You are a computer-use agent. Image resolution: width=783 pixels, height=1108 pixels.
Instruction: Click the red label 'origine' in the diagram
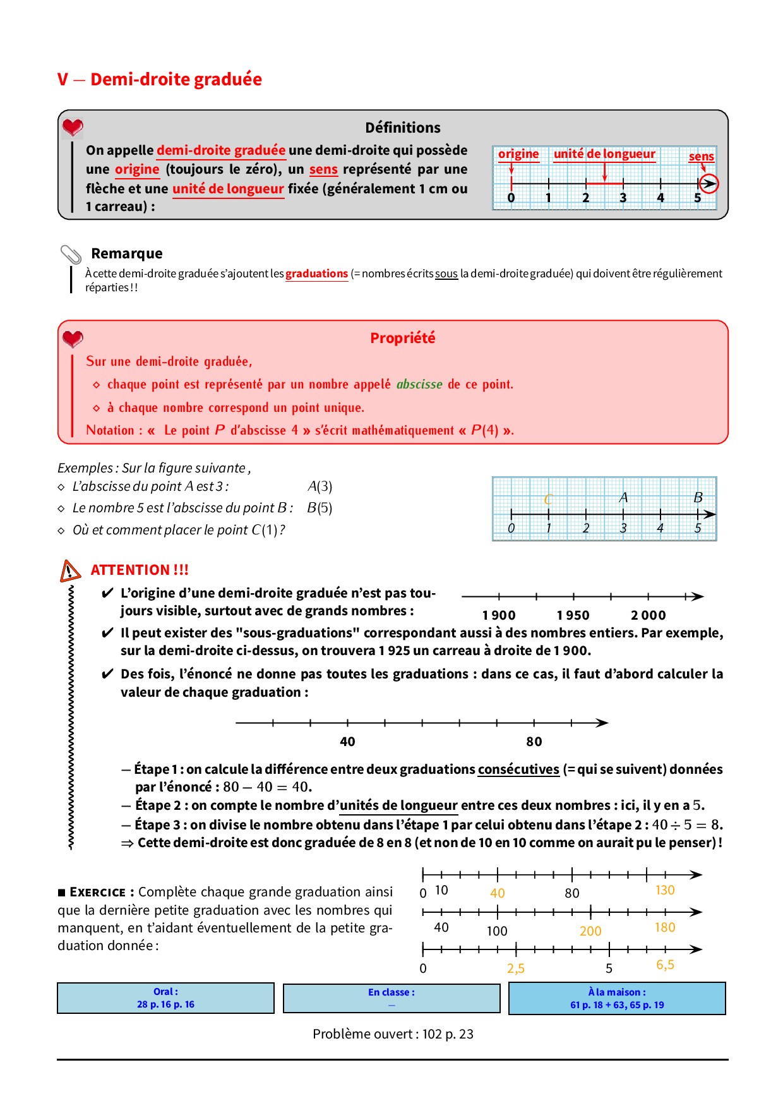(518, 154)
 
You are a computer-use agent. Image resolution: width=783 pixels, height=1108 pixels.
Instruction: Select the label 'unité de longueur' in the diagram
(604, 154)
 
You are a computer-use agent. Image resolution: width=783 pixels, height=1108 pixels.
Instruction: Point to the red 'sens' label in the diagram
(701, 156)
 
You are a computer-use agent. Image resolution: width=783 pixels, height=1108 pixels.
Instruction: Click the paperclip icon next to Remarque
(71, 255)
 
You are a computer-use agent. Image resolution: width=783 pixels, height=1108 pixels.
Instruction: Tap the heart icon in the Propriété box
(73, 339)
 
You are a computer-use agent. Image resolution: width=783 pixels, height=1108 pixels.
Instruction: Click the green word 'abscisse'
(419, 384)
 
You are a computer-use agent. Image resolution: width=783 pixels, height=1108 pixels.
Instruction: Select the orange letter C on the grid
(548, 499)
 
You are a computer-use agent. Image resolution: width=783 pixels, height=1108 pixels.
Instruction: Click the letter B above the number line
(698, 497)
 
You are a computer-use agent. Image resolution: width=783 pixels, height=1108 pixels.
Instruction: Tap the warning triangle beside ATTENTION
(70, 570)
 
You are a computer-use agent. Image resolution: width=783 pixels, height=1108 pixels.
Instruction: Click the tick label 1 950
(573, 615)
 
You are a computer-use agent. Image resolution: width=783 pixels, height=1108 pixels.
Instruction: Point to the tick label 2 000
(648, 615)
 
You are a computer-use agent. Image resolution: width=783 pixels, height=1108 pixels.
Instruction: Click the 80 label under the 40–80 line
(534, 742)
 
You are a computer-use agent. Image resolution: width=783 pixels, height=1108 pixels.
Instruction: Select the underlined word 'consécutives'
(518, 769)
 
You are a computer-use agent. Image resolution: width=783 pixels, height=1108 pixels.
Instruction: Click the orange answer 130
(665, 890)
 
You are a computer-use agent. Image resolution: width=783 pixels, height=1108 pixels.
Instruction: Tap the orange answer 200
(590, 931)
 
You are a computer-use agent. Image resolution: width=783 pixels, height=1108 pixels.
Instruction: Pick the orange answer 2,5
(515, 968)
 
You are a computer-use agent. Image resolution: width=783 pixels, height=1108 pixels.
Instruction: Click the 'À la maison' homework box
(617, 998)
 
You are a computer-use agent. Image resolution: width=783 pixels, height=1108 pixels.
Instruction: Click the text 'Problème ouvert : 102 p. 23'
(393, 1034)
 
